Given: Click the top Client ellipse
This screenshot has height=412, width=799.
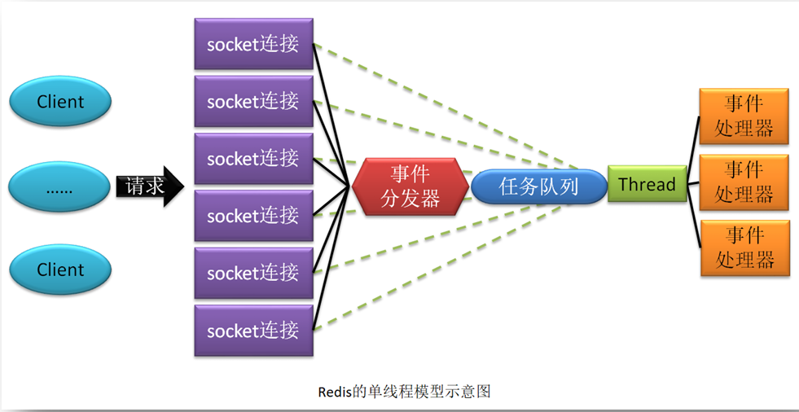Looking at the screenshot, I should [x=59, y=102].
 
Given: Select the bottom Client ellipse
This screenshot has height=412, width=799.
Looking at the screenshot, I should [x=59, y=270].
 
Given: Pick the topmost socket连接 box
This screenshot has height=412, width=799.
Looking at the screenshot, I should [x=253, y=44].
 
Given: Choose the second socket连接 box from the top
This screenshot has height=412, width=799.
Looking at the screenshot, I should [x=253, y=101].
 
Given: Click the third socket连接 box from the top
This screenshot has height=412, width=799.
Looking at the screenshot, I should [x=253, y=158].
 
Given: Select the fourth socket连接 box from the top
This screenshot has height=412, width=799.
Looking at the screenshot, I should [x=253, y=216].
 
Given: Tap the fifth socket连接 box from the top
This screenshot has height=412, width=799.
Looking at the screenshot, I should [x=253, y=273].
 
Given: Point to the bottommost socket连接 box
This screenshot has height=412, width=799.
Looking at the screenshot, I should [x=253, y=331].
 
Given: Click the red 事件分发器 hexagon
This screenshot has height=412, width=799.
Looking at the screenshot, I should [x=410, y=186].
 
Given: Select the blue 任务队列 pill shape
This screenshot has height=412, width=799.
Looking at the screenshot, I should [x=538, y=186].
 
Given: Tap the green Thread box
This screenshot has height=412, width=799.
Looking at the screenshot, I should [x=647, y=184].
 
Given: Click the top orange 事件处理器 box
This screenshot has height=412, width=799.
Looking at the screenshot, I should [x=744, y=116].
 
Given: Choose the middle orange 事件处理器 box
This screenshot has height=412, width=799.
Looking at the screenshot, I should [x=744, y=182].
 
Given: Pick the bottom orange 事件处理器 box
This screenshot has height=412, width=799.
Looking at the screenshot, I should [x=744, y=248].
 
